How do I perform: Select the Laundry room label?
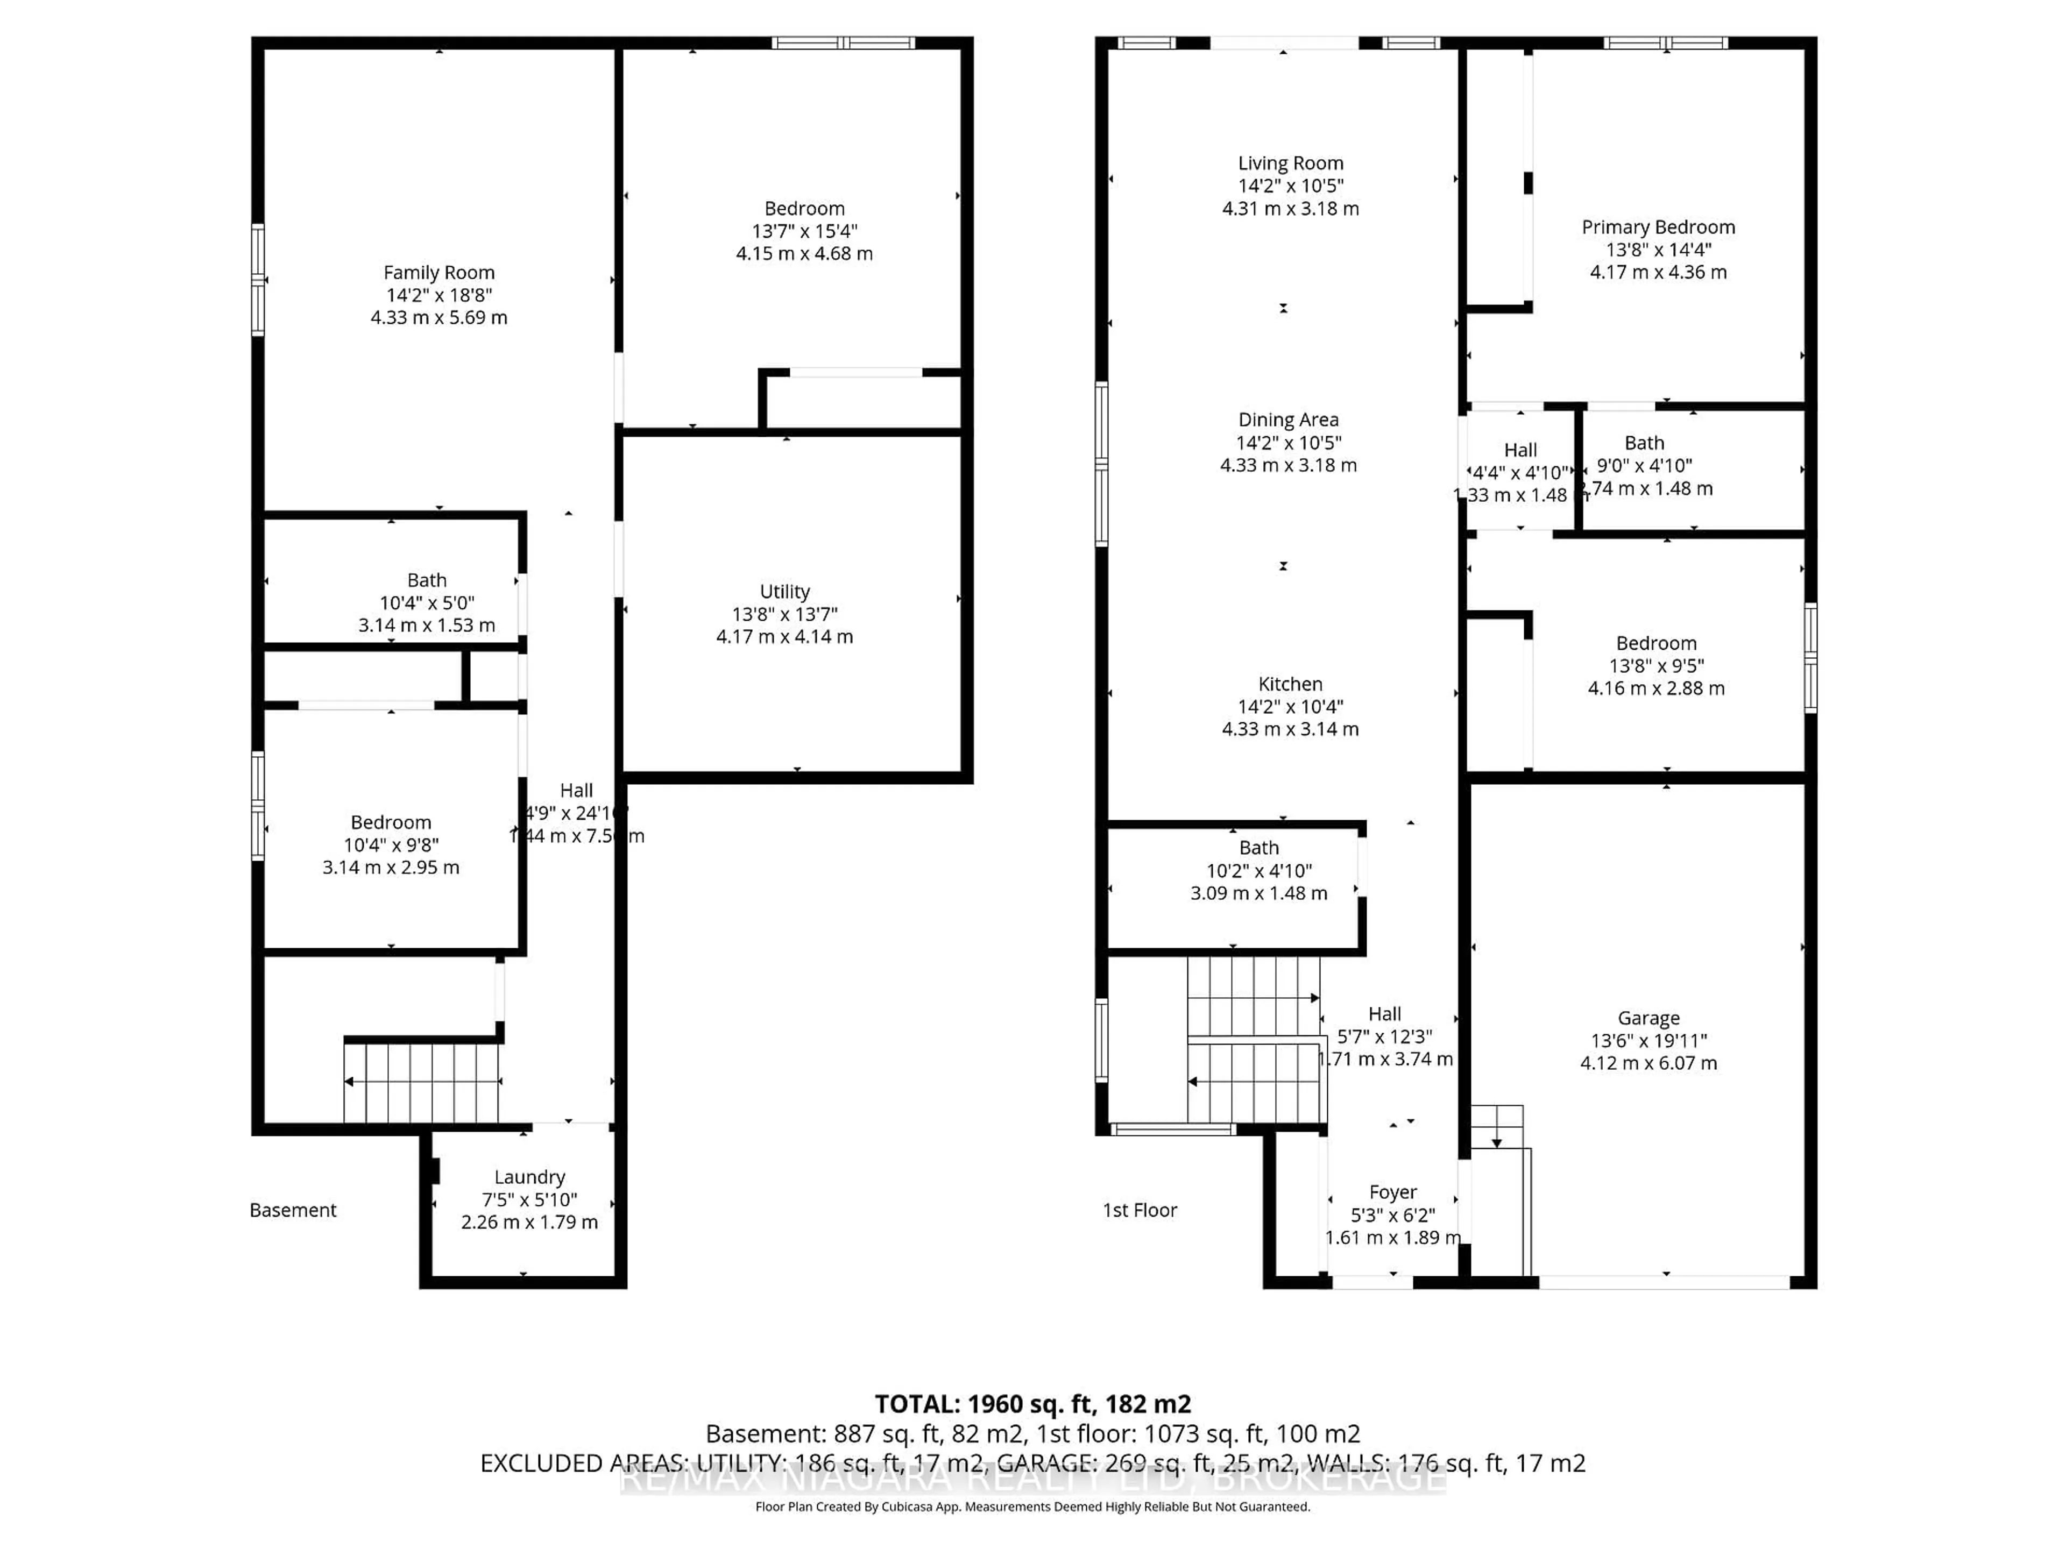(529, 1177)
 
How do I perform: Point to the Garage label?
(1648, 1019)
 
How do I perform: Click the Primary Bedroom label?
(1658, 227)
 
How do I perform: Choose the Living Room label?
(1290, 164)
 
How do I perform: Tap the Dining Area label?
(1288, 420)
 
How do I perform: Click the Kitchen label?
(1290, 684)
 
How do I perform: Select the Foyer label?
(1392, 1192)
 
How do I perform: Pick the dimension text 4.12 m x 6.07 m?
(1648, 1063)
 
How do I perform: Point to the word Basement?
(292, 1210)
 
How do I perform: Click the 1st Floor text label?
(1140, 1210)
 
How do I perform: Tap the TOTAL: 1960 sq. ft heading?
(1032, 1404)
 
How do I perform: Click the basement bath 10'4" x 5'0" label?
(427, 603)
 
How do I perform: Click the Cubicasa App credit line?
(1032, 1507)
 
